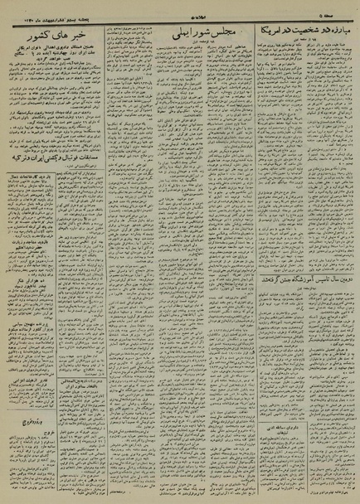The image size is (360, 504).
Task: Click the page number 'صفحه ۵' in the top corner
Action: [x=339, y=10]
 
